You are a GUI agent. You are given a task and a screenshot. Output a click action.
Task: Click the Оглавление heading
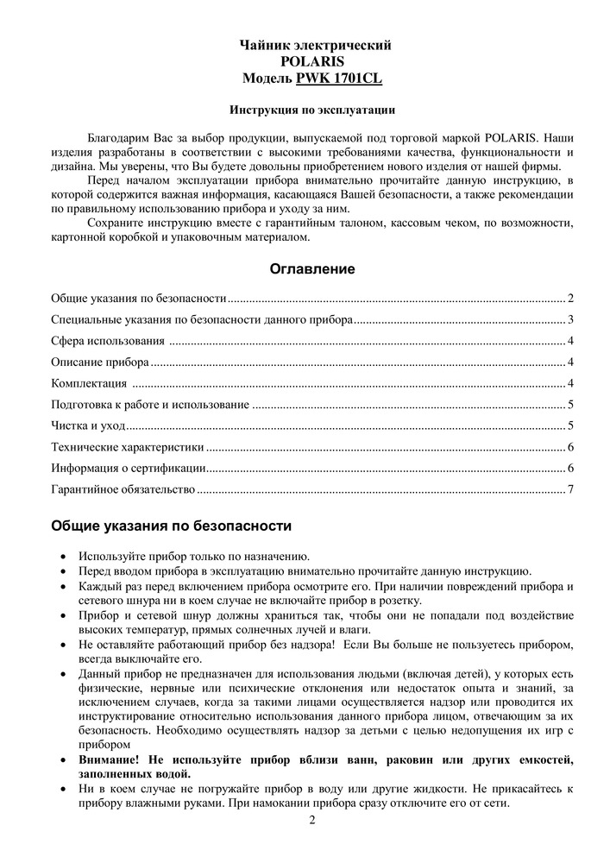tap(312, 269)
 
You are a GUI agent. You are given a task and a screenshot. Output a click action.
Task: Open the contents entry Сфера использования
tap(108, 341)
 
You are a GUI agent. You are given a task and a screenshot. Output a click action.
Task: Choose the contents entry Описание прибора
tap(100, 362)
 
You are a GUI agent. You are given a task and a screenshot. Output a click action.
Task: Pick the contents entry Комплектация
tap(89, 383)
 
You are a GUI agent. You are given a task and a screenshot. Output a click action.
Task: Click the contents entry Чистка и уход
tap(88, 425)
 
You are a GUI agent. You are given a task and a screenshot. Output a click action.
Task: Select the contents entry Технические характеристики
tap(127, 447)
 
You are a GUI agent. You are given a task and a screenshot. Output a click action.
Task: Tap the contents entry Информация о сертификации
tap(128, 469)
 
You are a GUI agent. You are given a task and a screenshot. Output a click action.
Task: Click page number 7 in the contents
tap(571, 490)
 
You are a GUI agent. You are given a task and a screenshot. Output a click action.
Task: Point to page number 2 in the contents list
tap(571, 299)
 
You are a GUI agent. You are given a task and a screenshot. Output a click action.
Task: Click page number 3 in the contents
tap(571, 320)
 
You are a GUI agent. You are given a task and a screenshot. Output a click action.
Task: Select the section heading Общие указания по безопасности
tap(171, 526)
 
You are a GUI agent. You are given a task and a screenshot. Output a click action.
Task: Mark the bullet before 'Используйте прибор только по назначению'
tap(65, 557)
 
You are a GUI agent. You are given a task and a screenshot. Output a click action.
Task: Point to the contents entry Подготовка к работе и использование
tap(150, 405)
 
